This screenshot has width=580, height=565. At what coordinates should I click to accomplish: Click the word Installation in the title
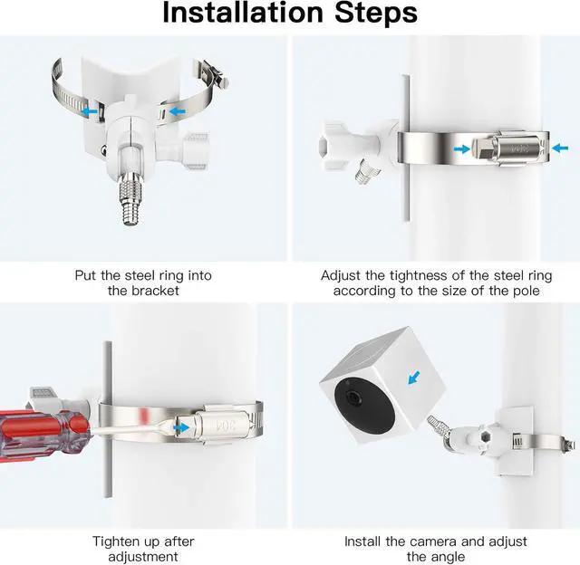coord(243,13)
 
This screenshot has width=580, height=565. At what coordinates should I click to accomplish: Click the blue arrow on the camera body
coord(414,378)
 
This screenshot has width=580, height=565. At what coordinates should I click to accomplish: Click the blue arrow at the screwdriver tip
coord(181,428)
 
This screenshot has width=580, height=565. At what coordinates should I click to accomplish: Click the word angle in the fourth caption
coord(449,557)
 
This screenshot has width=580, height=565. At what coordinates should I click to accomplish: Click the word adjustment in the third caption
coord(143,557)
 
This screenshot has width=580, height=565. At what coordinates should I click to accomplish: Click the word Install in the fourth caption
coord(362,541)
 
